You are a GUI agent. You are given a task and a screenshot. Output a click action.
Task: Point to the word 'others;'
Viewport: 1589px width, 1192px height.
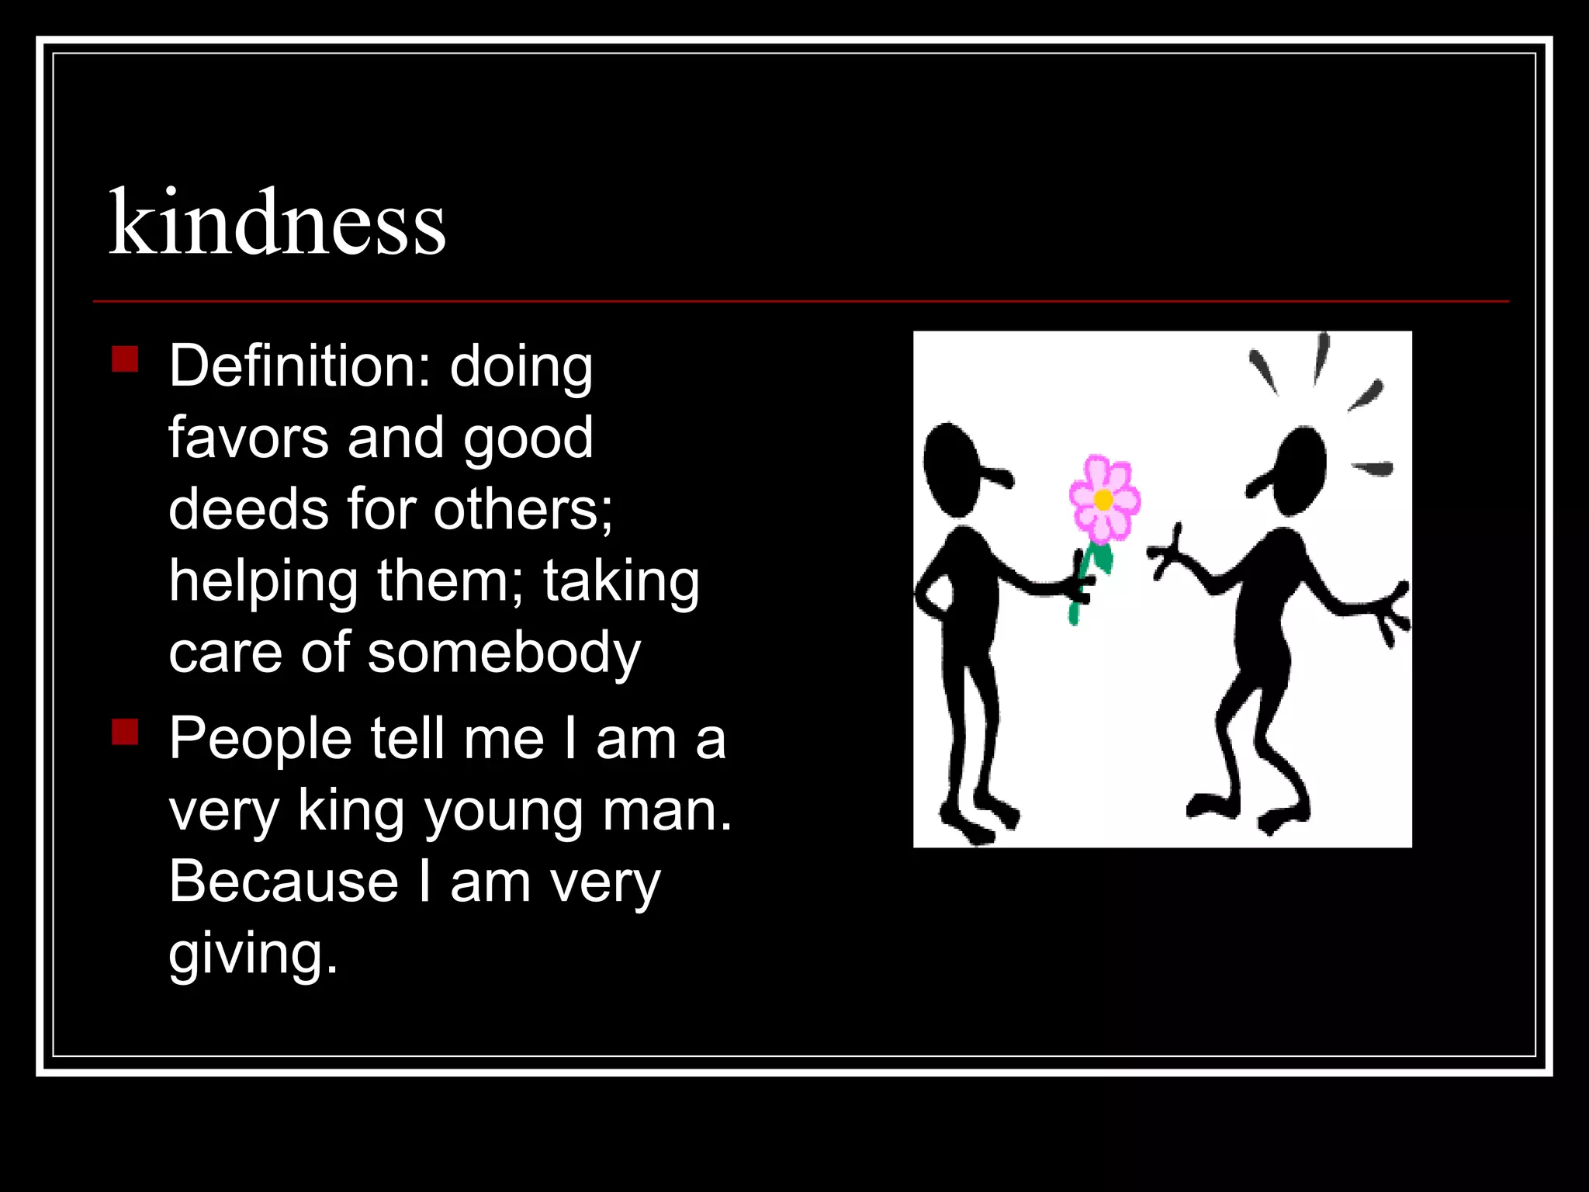pyautogui.click(x=522, y=509)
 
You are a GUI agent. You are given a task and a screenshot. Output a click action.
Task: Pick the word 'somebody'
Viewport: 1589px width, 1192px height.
pyautogui.click(x=504, y=653)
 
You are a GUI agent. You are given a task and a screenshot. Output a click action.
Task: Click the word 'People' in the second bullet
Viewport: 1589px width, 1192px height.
pyautogui.click(x=260, y=738)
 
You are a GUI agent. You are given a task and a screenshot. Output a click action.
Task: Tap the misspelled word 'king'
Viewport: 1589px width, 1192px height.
pyautogui.click(x=351, y=811)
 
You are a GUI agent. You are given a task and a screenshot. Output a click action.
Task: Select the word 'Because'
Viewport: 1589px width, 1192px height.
pyautogui.click(x=283, y=882)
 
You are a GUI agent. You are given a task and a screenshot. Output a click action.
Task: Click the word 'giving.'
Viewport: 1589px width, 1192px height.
pyautogui.click(x=253, y=954)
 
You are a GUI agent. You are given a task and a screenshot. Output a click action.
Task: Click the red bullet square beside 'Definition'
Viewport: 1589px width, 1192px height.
pyautogui.click(x=125, y=359)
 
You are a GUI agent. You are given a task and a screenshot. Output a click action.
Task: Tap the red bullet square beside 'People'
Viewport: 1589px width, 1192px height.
pyautogui.click(x=125, y=732)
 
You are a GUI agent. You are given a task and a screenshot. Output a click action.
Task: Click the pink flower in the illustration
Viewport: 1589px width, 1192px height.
pyautogui.click(x=1103, y=498)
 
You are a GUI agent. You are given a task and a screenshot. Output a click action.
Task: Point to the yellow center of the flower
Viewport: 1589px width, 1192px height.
pyautogui.click(x=1103, y=501)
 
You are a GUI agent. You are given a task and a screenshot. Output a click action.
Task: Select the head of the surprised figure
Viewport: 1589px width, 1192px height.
pyautogui.click(x=1299, y=470)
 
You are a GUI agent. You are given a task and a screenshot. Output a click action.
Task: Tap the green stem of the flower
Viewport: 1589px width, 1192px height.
pyautogui.click(x=1086, y=574)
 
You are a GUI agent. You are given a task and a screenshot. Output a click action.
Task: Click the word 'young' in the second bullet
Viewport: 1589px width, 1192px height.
pyautogui.click(x=504, y=811)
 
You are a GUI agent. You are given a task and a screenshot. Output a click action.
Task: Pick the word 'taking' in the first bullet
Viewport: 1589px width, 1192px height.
pyautogui.click(x=621, y=581)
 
